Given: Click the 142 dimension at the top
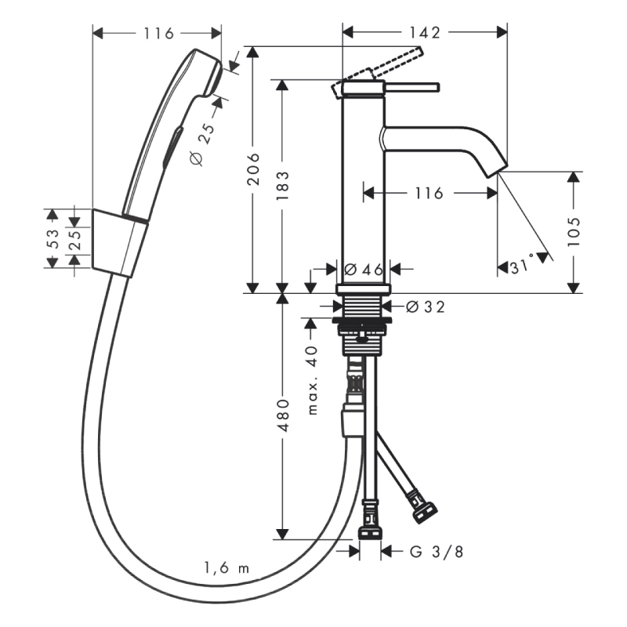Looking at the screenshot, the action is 425,33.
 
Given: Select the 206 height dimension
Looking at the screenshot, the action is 253,169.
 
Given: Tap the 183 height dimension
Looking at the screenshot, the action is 283,186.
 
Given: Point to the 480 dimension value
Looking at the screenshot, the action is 283,415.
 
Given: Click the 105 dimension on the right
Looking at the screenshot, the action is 574,232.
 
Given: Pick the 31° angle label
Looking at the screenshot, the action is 522,265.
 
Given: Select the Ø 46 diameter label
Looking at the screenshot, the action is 364,270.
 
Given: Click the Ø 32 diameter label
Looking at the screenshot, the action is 425,307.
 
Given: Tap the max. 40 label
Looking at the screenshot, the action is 312,380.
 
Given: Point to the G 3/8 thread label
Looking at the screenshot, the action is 437,552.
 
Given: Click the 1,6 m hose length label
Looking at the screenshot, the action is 227,567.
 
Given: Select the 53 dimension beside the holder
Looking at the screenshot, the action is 53,238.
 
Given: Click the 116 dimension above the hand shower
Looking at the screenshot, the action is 159,34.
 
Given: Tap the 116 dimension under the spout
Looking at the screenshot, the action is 429,194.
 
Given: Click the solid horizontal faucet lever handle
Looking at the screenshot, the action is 412,87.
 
